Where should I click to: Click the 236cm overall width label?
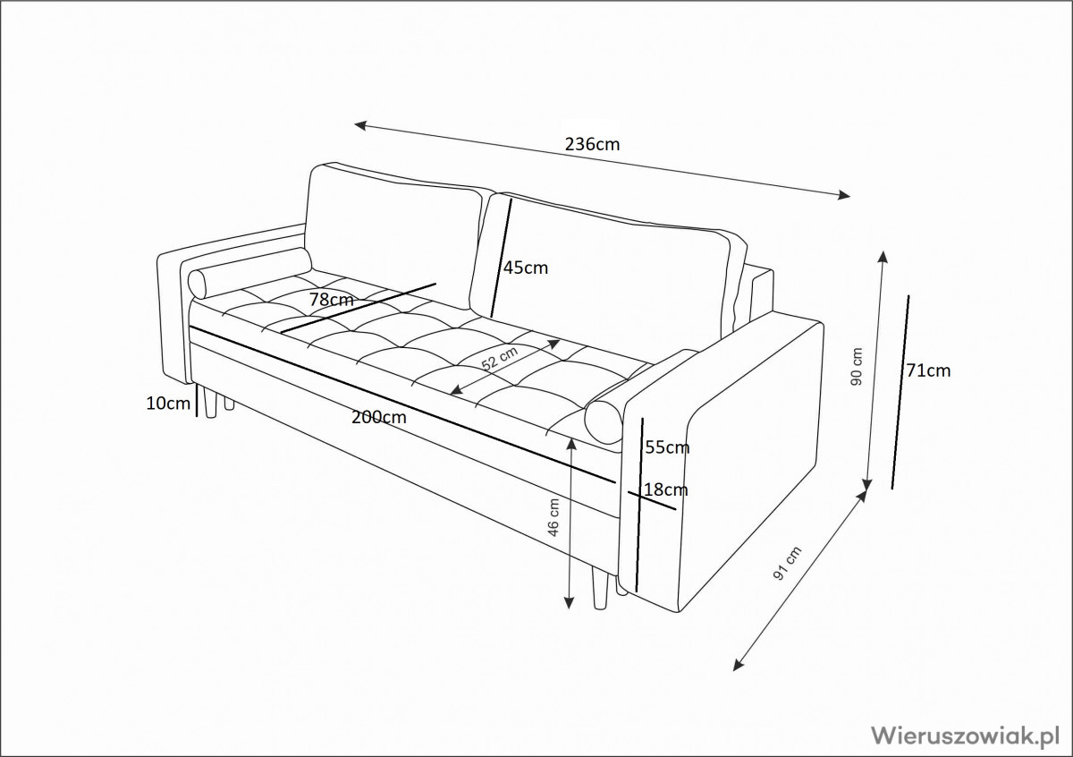592,143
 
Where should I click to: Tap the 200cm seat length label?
377,417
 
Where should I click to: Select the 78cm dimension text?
331,301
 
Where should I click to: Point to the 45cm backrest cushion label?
525,267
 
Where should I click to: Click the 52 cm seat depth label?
500,359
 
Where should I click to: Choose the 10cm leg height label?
168,404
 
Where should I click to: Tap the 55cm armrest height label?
667,446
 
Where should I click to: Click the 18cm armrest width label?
666,489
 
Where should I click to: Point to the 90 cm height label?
857,366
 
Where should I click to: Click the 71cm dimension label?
927,370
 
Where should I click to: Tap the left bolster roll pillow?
249,271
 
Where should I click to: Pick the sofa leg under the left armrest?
211,404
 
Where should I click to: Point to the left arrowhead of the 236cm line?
359,125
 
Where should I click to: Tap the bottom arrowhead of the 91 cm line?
736,666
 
